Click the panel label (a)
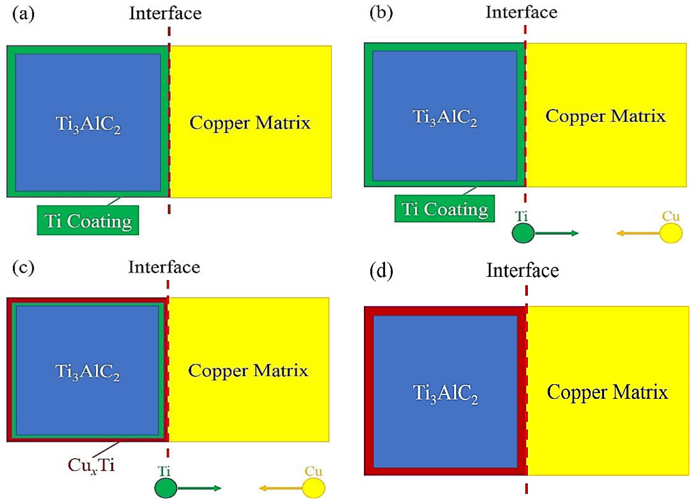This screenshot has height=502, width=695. pyautogui.click(x=23, y=14)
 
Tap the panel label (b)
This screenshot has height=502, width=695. pyautogui.click(x=381, y=13)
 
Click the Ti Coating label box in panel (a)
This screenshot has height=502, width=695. pyautogui.click(x=88, y=221)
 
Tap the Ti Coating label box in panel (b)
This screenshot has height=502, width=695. pyautogui.click(x=444, y=209)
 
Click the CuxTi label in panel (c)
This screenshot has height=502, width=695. pyautogui.click(x=91, y=465)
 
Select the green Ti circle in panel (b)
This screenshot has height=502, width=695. pyautogui.click(x=523, y=233)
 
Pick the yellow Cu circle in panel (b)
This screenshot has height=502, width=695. pyautogui.click(x=671, y=233)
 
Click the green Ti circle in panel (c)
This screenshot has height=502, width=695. pyautogui.click(x=166, y=488)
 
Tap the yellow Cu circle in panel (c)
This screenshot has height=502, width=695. pyautogui.click(x=314, y=488)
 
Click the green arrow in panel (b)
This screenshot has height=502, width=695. pyautogui.click(x=556, y=233)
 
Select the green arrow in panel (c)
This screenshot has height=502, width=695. pyautogui.click(x=199, y=488)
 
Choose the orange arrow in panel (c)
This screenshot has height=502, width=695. pyautogui.click(x=281, y=488)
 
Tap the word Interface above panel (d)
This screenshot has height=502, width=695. pyautogui.click(x=522, y=270)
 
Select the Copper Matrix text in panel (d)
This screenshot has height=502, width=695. pyautogui.click(x=607, y=392)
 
